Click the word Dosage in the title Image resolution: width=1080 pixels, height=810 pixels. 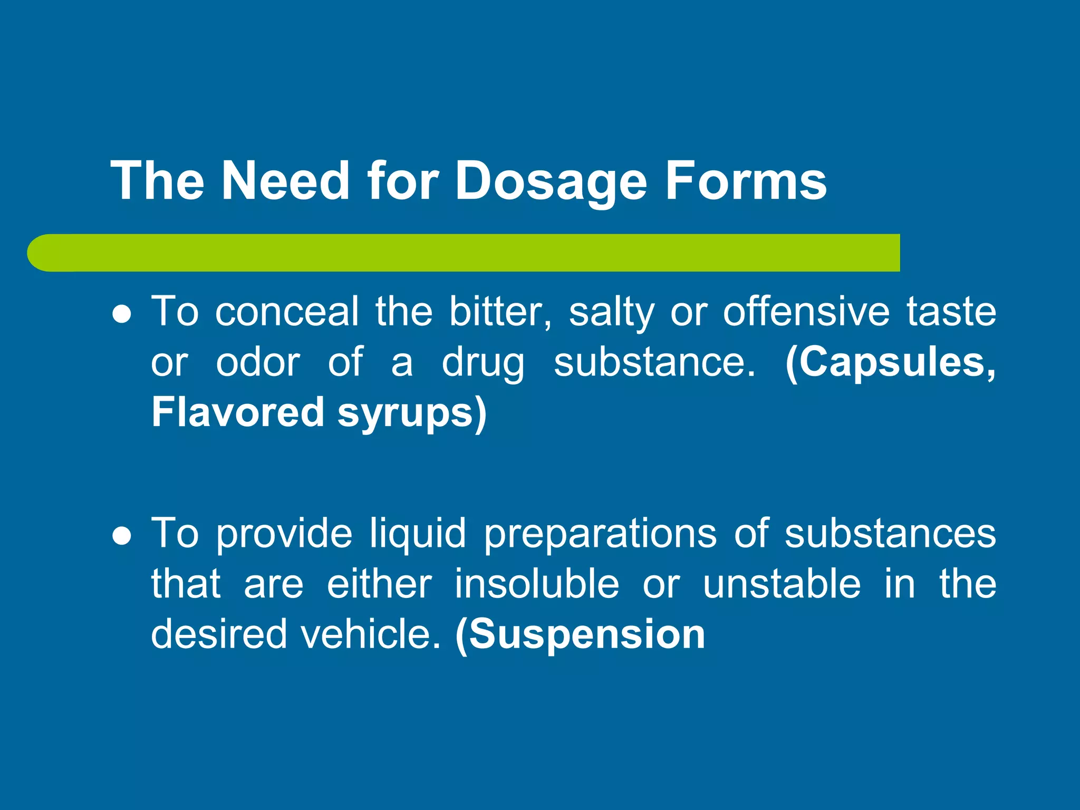(551, 182)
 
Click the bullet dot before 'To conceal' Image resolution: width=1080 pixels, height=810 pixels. (122, 315)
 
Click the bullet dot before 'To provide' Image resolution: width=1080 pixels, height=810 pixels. (122, 536)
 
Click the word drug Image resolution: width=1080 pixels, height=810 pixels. (483, 364)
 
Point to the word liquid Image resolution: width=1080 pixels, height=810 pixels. (418, 534)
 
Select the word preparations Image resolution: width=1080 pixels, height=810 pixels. (600, 534)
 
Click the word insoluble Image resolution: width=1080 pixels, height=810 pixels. (537, 584)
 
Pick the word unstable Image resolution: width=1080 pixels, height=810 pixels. (782, 584)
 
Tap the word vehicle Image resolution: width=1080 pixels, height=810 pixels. (370, 633)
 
